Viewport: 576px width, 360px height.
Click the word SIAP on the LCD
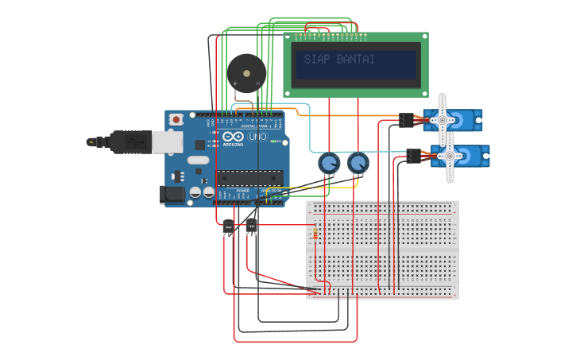coord(318,60)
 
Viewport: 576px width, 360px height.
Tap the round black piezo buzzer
coord(245,73)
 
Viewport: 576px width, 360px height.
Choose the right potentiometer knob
coord(358,165)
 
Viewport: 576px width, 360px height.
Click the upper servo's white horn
coord(443,120)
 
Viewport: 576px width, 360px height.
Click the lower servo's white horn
coord(450,157)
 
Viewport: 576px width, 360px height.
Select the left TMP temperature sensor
coord(229,227)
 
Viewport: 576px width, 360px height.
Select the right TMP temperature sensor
coord(252,226)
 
